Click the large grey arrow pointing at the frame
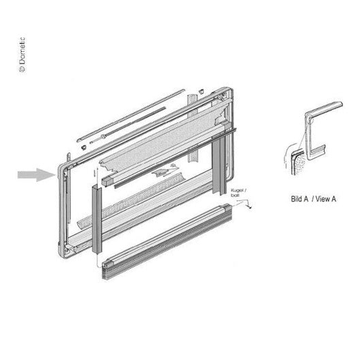37,175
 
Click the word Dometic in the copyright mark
22,50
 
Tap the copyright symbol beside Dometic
22,69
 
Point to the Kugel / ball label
238,193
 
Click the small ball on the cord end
250,208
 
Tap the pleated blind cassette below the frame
167,241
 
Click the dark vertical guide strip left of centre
97,220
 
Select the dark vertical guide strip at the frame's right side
218,166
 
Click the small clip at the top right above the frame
201,91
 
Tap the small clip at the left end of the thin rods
84,147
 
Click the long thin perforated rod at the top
131,115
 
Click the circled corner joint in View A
310,118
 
